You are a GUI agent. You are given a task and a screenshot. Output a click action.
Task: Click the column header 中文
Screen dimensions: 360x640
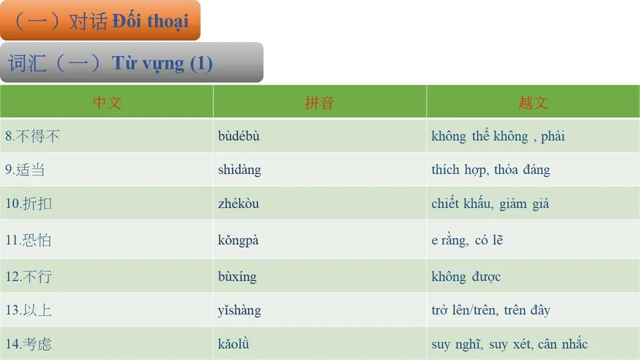click(107, 103)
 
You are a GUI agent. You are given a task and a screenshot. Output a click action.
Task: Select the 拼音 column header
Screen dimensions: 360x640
click(319, 103)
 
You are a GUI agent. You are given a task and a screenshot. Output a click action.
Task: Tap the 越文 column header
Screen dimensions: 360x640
click(533, 103)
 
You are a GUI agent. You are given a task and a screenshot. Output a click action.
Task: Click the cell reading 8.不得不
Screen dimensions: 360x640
click(33, 137)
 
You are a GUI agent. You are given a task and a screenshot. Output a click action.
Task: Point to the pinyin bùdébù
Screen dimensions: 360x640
click(239, 137)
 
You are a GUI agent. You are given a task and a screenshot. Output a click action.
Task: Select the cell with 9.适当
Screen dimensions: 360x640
click(25, 170)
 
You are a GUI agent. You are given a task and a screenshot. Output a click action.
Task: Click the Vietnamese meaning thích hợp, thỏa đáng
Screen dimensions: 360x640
click(491, 170)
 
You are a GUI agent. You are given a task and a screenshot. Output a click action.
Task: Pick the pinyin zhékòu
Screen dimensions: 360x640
click(239, 203)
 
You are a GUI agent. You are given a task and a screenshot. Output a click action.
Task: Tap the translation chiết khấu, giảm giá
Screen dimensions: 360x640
click(490, 203)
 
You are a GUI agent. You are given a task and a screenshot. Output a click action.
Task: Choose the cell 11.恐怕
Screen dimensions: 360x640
click(28, 240)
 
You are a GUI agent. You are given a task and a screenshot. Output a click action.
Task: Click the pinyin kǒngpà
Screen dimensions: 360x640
click(238, 240)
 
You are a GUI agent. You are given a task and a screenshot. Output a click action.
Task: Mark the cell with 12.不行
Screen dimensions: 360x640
click(28, 277)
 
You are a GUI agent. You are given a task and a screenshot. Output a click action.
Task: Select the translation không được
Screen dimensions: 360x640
click(466, 277)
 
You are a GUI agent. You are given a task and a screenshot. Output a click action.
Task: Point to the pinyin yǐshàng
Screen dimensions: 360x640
click(239, 311)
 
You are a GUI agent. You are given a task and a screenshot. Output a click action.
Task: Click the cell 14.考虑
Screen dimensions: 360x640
click(28, 344)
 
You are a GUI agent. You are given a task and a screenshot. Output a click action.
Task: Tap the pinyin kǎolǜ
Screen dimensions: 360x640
click(233, 344)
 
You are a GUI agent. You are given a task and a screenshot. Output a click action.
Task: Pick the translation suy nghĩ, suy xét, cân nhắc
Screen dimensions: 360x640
click(509, 344)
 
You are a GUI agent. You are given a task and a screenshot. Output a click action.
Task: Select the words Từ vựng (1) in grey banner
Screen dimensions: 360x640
click(162, 63)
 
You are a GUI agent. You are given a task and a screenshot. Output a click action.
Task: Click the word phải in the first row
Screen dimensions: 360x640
click(553, 137)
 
